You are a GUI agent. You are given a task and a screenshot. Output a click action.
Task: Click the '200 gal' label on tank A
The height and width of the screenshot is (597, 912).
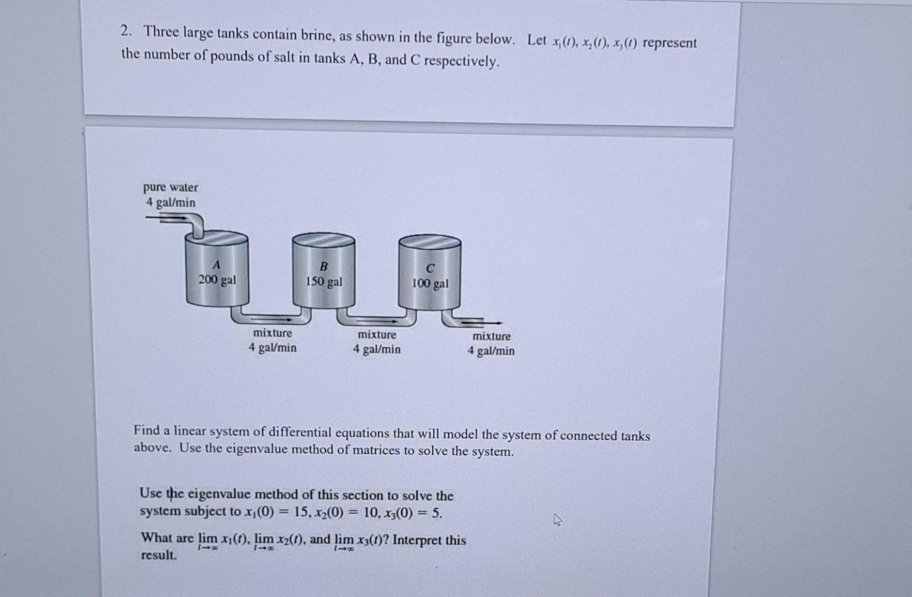pyautogui.click(x=217, y=280)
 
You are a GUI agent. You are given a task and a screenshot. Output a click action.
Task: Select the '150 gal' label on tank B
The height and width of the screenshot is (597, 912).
pyautogui.click(x=324, y=282)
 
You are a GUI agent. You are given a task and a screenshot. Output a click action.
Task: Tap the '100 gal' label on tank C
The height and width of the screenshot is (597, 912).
pyautogui.click(x=430, y=284)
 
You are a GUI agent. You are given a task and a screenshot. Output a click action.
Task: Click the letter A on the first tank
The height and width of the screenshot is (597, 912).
pyautogui.click(x=217, y=264)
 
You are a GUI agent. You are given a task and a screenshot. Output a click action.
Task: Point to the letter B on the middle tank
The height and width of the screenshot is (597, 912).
pyautogui.click(x=324, y=266)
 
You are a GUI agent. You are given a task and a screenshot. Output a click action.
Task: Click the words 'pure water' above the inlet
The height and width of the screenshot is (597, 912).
pyautogui.click(x=170, y=187)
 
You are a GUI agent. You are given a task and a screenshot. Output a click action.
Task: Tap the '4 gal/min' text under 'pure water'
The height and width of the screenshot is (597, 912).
pyautogui.click(x=170, y=202)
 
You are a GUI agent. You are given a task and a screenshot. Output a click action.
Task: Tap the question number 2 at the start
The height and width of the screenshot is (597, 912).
pyautogui.click(x=125, y=31)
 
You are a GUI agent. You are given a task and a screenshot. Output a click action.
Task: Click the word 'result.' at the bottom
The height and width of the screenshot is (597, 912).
pyautogui.click(x=159, y=555)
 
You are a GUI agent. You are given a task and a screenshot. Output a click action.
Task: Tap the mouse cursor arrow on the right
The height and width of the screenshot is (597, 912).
pyautogui.click(x=558, y=520)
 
